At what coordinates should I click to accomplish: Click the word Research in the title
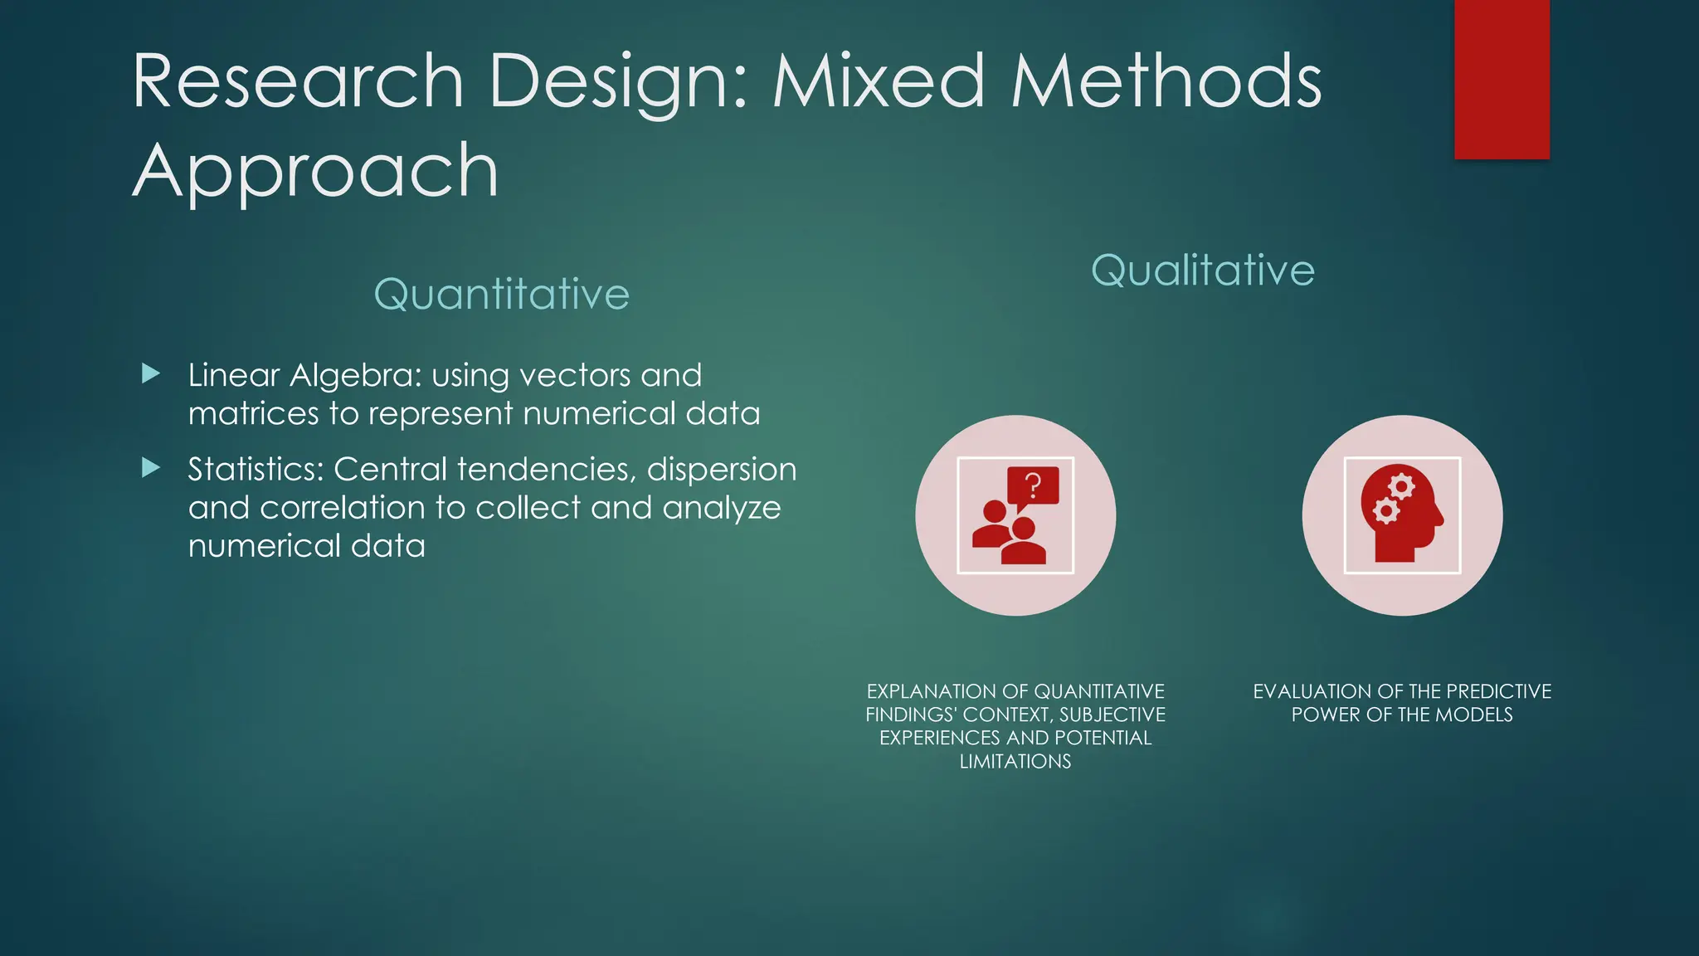297,81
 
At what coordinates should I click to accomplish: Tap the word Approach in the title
315,171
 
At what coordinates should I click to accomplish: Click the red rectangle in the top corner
1502,79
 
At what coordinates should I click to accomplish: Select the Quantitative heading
501,295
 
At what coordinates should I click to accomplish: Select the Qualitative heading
1202,271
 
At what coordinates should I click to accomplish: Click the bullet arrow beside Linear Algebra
151,373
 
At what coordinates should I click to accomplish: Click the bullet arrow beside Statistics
151,468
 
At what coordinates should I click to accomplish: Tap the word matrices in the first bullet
252,413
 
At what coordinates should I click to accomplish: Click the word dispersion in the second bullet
721,470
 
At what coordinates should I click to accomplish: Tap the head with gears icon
1402,515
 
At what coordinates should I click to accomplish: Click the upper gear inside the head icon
1401,485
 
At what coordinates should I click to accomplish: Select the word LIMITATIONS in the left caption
1015,761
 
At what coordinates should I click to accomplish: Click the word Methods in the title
1166,81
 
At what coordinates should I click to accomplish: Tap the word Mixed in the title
879,81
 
